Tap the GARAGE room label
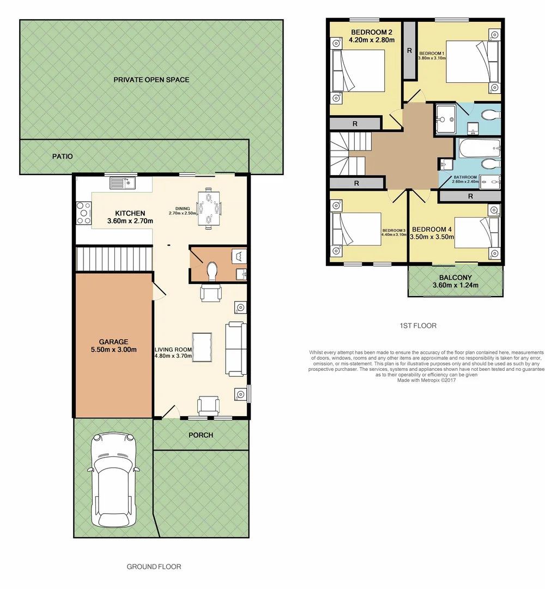[113, 342]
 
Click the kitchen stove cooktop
[84, 213]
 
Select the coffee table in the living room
[205, 347]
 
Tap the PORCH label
[201, 435]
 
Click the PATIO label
[63, 157]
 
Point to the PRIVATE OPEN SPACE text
[152, 80]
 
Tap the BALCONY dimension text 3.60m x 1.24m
[455, 285]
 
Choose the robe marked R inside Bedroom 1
[409, 51]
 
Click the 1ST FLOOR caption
[418, 326]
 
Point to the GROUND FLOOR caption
[154, 567]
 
